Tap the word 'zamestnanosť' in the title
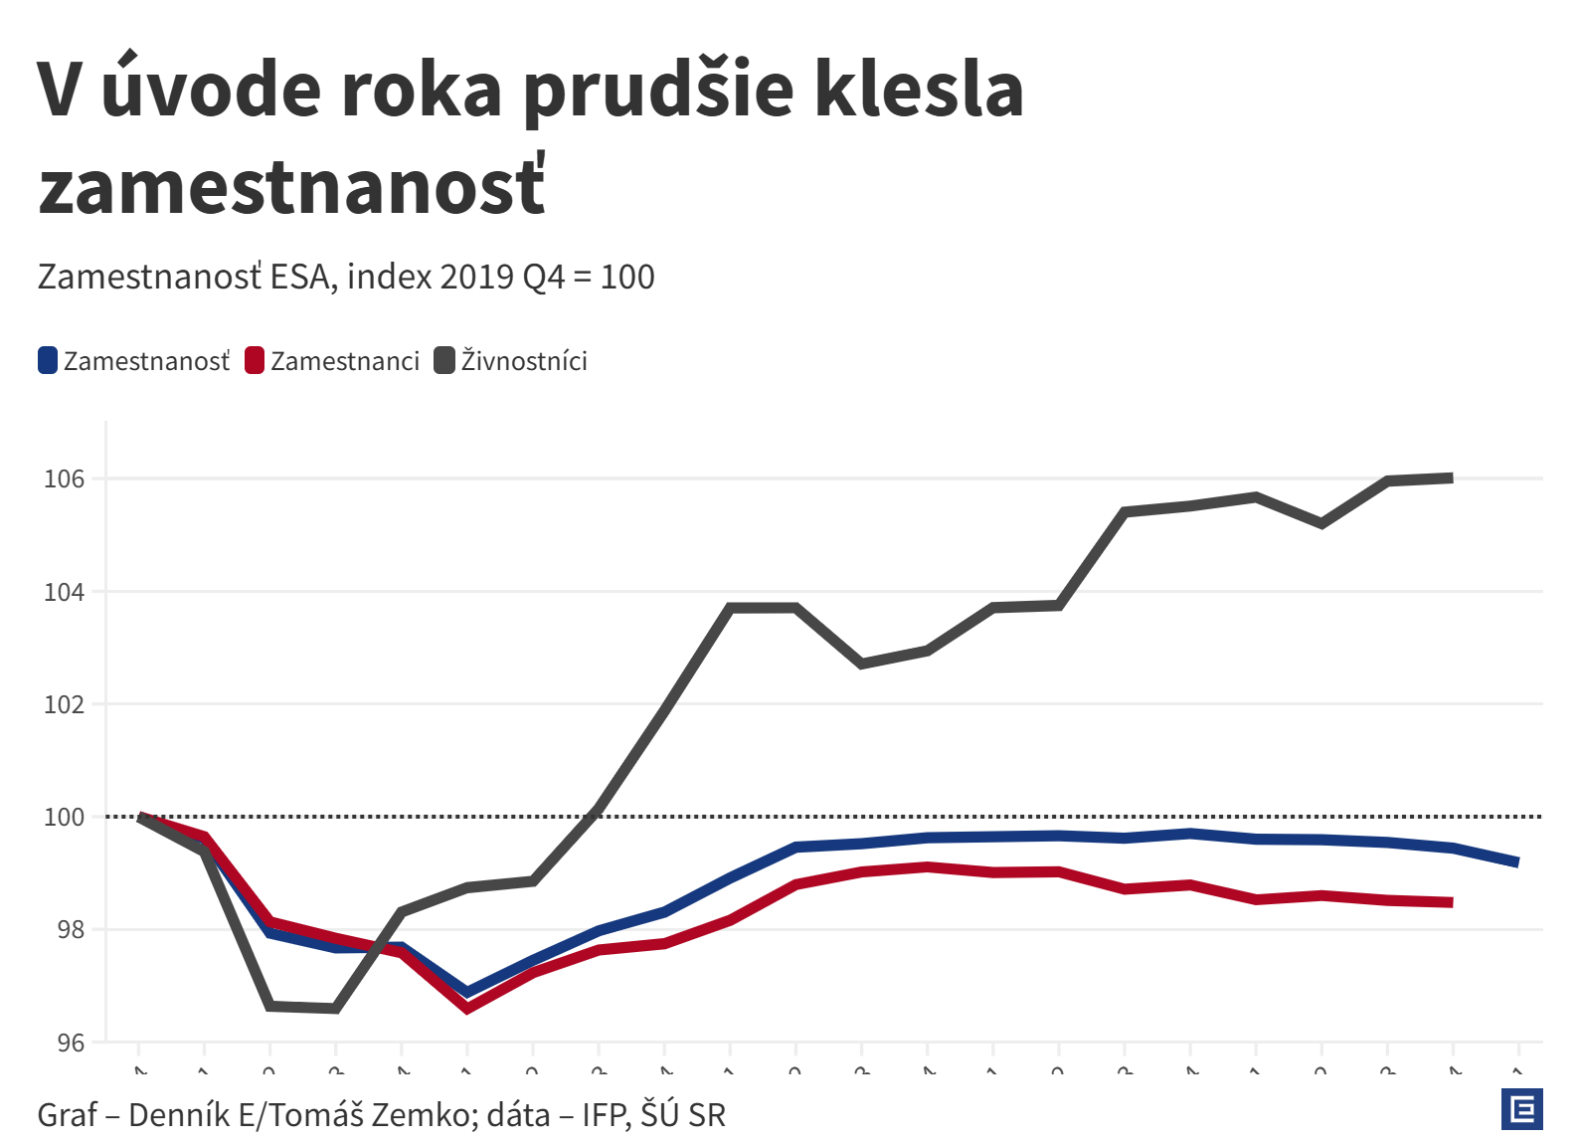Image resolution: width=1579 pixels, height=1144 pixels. coord(291,188)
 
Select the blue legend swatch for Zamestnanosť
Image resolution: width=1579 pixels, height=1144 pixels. coord(48,360)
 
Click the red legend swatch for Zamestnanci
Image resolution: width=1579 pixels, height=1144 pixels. coord(255,360)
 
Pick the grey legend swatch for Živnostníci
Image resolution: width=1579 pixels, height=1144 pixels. coord(444,360)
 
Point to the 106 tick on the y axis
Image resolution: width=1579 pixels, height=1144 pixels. coord(65,478)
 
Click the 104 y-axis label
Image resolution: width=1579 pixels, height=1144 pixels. coord(65,592)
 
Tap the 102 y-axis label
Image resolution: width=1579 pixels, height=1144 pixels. coord(65,704)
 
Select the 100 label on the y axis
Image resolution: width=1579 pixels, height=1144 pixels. coord(65,817)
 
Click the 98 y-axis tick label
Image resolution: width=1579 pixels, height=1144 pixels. coord(71,930)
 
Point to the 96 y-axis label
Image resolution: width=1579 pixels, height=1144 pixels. coord(71,1043)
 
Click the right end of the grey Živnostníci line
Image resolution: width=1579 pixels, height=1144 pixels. coord(1452,478)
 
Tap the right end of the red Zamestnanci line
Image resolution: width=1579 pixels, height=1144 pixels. coord(1452,902)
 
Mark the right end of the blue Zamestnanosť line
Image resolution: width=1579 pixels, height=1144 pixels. coord(1517,862)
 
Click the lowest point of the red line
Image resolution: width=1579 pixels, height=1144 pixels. coord(467,1009)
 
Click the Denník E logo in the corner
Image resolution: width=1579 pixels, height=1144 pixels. coord(1521,1109)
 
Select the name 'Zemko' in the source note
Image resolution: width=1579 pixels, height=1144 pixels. coord(423,1115)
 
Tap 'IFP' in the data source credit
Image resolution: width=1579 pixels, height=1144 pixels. coord(604,1115)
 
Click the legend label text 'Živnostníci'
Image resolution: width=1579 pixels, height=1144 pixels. coord(524,360)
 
